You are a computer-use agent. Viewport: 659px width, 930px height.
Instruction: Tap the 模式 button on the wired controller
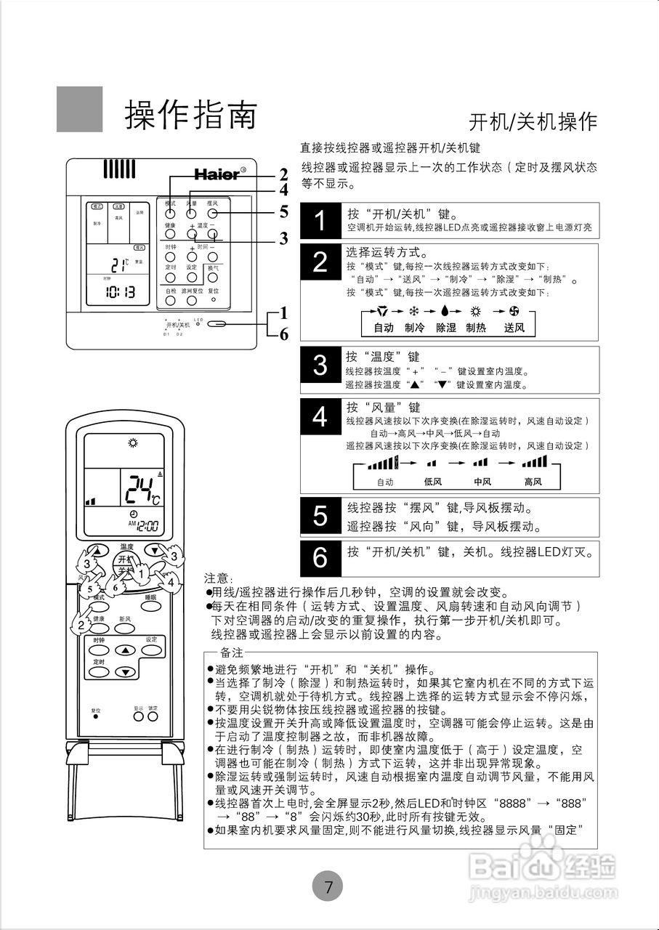click(169, 214)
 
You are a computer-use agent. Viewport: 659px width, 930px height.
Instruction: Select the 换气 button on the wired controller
click(213, 278)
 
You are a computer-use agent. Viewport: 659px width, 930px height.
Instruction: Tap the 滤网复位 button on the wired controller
click(192, 300)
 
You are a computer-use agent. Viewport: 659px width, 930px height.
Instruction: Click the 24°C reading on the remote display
click(141, 491)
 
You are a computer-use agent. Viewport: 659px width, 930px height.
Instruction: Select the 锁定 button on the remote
click(153, 716)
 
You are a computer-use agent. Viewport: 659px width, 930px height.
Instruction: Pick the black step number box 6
click(320, 558)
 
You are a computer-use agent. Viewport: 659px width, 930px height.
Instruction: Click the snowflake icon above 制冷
click(414, 311)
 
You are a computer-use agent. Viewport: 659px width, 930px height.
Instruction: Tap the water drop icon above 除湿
click(445, 311)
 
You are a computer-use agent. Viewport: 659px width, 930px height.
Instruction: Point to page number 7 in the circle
click(328, 886)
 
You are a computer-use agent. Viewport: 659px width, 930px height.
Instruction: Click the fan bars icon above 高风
click(534, 462)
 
